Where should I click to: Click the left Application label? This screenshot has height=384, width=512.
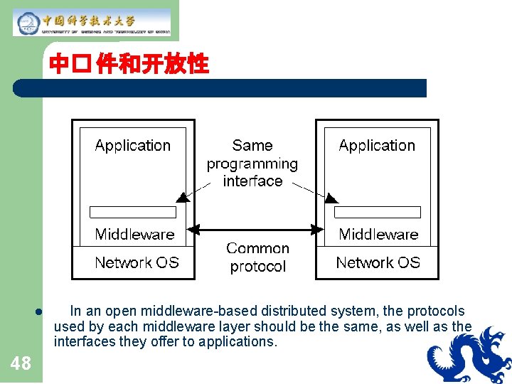[133, 146]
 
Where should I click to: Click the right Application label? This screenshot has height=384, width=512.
[377, 146]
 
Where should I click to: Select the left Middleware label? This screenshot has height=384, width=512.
[134, 235]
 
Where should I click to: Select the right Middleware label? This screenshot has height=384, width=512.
[378, 235]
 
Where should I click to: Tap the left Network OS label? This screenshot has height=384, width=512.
[137, 263]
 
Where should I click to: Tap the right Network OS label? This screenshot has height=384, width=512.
[378, 263]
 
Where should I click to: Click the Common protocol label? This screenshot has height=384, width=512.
[257, 257]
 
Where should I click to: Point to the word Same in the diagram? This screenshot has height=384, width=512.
[252, 146]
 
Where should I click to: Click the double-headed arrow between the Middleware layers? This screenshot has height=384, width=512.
[257, 230]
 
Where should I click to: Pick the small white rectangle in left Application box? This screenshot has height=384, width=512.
[133, 212]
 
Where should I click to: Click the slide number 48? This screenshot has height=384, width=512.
[21, 364]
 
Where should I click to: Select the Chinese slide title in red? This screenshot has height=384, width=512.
[129, 65]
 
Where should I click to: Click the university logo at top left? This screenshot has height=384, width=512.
[92, 22]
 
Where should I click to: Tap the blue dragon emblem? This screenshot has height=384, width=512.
[469, 356]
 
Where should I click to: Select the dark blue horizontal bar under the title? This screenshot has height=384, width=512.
[220, 88]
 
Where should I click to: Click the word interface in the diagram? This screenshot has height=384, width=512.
[252, 181]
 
